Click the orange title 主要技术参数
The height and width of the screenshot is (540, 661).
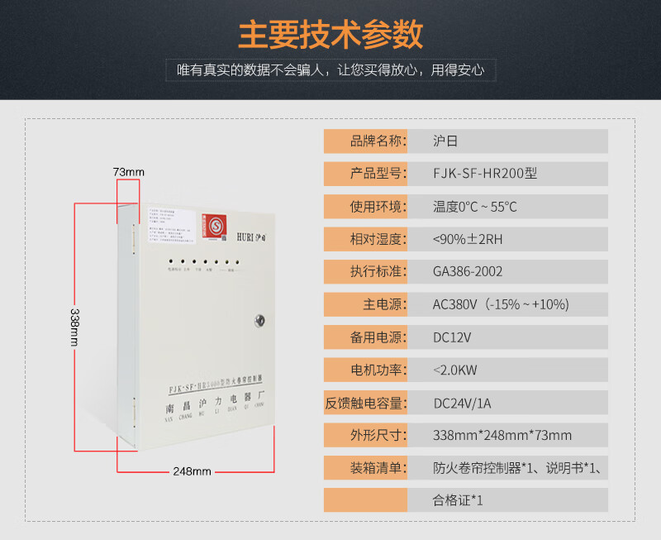tap(330, 35)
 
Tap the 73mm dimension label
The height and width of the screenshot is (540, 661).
tap(128, 172)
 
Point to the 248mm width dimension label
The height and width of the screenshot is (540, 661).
tap(192, 471)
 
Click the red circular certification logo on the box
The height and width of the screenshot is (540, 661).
tap(216, 224)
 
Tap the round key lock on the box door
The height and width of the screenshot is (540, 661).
tap(259, 318)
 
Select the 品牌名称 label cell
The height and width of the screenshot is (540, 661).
tap(366, 141)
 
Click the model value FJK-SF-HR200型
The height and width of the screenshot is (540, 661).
tap(484, 174)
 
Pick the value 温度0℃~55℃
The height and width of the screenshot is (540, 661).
tap(474, 207)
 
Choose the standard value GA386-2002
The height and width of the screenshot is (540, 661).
tap(467, 271)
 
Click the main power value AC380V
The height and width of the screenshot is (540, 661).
tap(500, 304)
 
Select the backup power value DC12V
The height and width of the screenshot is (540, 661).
tap(452, 337)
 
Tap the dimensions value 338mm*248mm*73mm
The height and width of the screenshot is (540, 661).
tap(502, 435)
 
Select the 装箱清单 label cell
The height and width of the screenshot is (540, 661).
tap(366, 468)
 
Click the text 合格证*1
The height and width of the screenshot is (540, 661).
tap(458, 500)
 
